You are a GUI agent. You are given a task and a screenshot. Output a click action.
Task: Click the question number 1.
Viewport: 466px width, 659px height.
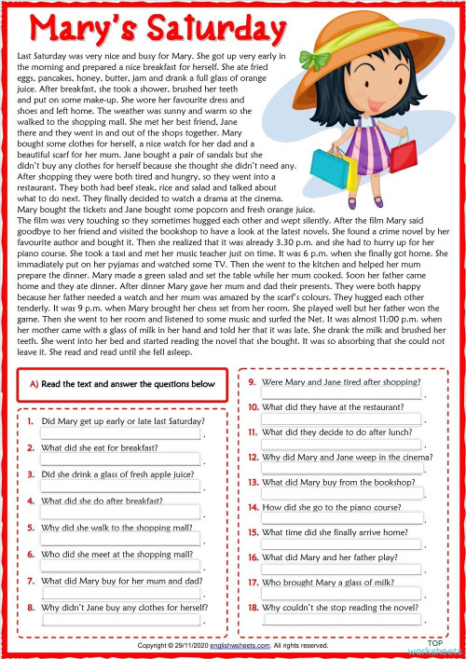click(31, 421)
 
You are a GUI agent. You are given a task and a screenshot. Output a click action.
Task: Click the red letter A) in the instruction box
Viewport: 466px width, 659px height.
click(34, 384)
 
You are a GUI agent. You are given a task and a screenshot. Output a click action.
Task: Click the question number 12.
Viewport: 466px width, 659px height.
click(253, 458)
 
